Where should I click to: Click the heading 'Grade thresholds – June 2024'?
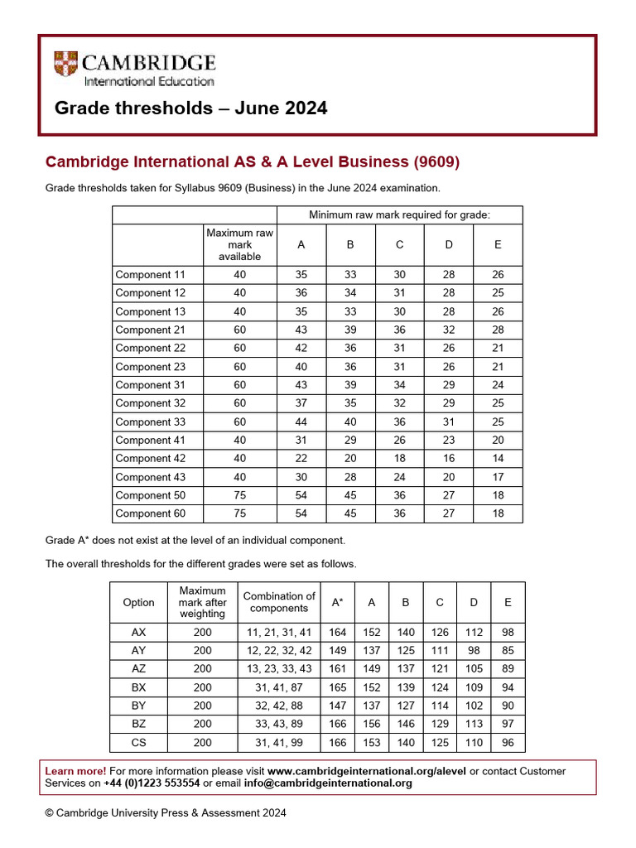(x=190, y=108)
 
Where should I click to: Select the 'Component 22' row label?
(x=151, y=348)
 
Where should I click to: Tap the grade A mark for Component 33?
(x=301, y=422)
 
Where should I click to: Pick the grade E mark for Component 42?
(x=498, y=458)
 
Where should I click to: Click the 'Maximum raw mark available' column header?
(x=239, y=245)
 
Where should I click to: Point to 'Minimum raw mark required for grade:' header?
(x=399, y=215)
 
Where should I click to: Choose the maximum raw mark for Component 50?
(x=239, y=495)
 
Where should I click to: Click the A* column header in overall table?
(x=338, y=603)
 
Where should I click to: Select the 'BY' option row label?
(x=138, y=706)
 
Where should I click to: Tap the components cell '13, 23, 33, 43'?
(x=279, y=669)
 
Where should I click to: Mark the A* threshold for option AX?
(x=338, y=632)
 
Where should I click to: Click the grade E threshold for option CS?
(x=508, y=743)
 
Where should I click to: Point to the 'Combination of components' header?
(x=279, y=603)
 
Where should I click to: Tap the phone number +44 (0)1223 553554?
(x=152, y=783)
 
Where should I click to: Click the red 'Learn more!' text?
(x=75, y=771)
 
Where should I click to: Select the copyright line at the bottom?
(x=166, y=813)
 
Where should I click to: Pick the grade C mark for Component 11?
(x=399, y=274)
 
